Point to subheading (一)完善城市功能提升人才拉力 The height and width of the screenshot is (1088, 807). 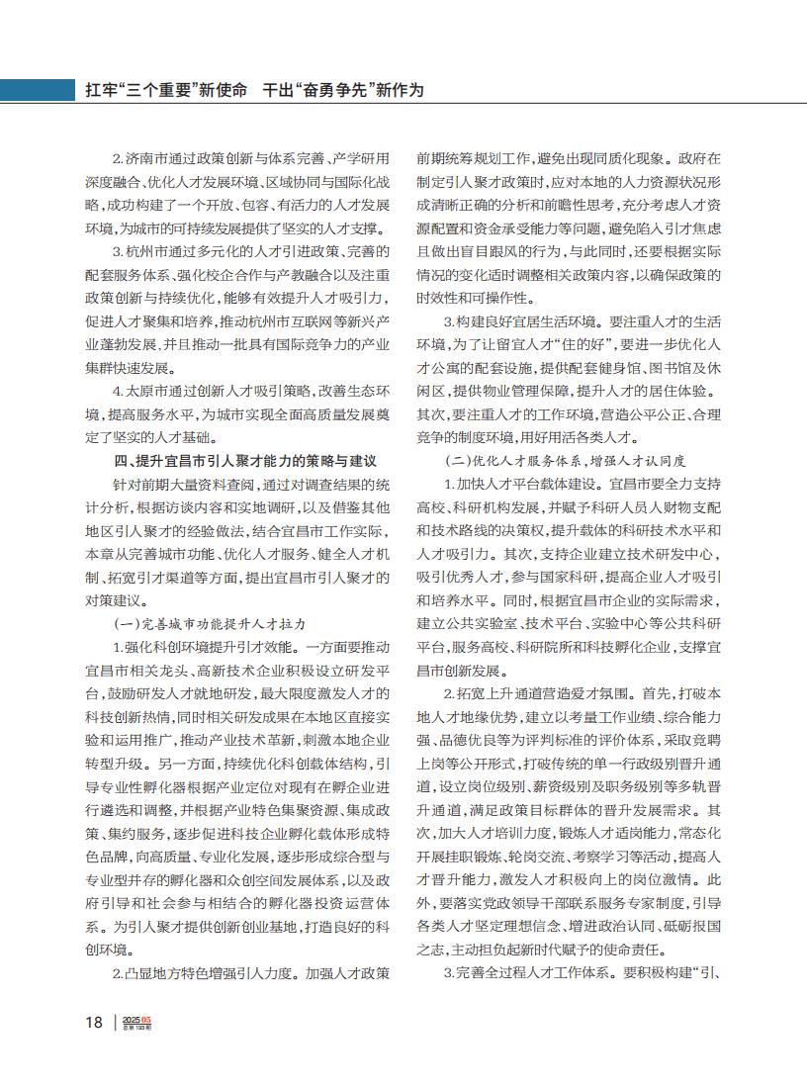[210, 625]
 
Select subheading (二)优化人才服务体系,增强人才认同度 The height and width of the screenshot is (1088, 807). [567, 461]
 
